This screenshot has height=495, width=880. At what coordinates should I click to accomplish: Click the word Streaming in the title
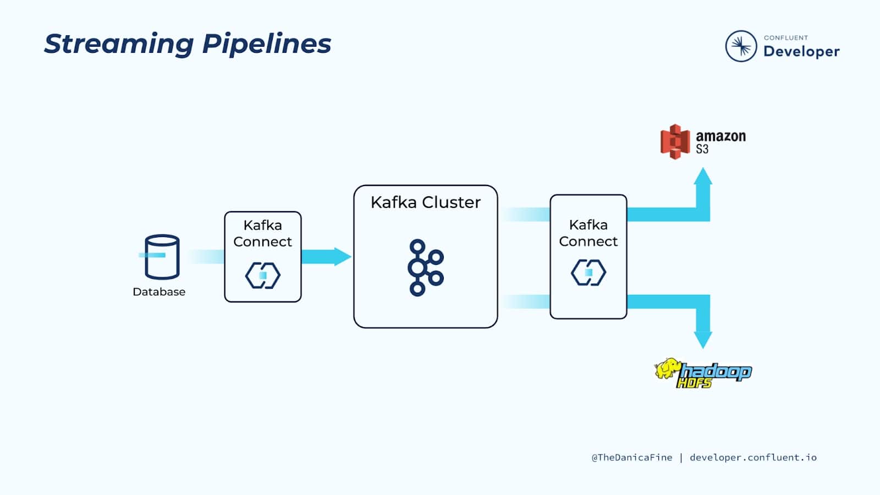[x=118, y=44]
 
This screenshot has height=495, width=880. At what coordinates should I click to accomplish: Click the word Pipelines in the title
[x=267, y=44]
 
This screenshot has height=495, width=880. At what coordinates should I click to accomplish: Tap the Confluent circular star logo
[x=741, y=46]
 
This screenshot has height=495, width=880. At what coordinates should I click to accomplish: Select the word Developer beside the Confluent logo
[x=801, y=51]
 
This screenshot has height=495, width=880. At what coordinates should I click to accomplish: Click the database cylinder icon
[x=162, y=256]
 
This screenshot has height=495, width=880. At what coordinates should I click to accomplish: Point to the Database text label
[x=159, y=292]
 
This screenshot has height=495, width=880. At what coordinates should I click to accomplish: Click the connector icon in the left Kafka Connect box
[x=262, y=275]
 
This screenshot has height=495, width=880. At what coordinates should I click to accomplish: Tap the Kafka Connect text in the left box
[x=262, y=233]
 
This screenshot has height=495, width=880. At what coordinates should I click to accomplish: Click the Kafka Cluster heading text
[x=425, y=202]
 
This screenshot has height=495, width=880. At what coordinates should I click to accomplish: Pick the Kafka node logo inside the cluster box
[x=425, y=268]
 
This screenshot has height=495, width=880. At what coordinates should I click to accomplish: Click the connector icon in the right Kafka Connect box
[x=588, y=272]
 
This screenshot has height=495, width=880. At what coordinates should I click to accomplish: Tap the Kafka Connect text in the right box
[x=588, y=233]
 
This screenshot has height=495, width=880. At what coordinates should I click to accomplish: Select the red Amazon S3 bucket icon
[x=675, y=142]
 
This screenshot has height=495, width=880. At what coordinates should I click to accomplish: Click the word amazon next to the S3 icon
[x=721, y=136]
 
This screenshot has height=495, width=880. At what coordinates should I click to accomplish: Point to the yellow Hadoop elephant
[x=667, y=369]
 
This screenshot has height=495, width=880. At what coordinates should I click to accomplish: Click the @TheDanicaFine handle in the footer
[x=631, y=458]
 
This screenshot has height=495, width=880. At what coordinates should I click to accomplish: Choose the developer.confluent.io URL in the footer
[x=753, y=458]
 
